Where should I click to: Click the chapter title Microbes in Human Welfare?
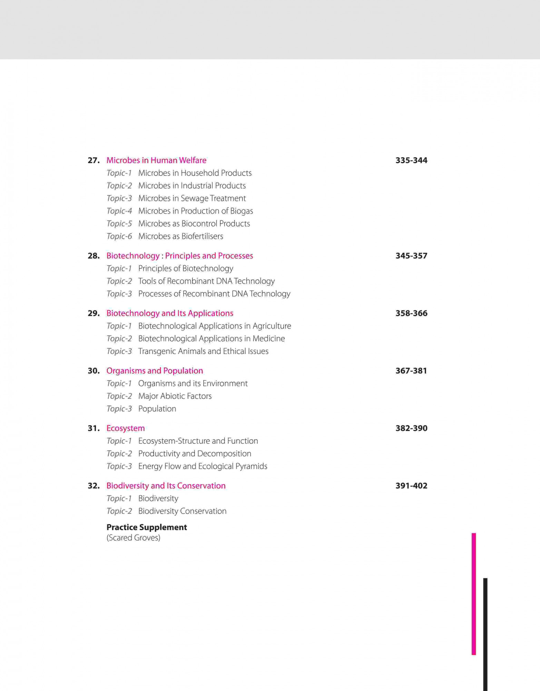[156, 160]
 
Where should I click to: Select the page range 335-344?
[411, 160]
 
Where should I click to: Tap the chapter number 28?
[94, 256]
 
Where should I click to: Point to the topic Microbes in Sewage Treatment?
[192, 198]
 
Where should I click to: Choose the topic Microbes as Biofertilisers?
[180, 236]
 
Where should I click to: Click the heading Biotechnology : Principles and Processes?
[179, 256]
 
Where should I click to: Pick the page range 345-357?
[411, 256]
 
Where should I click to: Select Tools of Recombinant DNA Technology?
[206, 281]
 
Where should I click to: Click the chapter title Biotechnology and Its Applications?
[169, 313]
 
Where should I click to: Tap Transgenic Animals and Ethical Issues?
[203, 351]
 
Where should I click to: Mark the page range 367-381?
[411, 371]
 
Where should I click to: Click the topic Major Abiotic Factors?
[175, 396]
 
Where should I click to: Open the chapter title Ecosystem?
[125, 428]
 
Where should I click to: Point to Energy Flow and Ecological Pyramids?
[203, 466]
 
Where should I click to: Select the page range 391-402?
[411, 486]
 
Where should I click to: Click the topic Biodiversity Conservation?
[182, 511]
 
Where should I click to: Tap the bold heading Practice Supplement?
[147, 527]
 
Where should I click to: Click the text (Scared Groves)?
[133, 538]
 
